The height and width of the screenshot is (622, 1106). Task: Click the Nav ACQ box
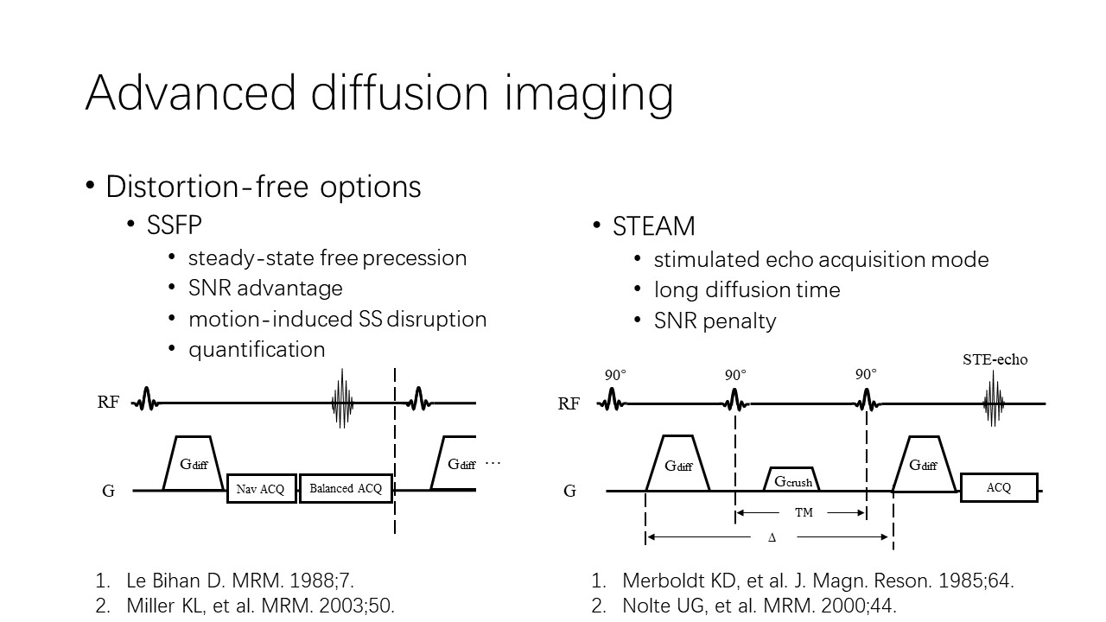262,489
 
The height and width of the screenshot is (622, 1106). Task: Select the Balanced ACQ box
346,488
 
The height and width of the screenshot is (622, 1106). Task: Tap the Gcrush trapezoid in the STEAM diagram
792,480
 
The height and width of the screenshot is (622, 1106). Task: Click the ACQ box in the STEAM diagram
998,487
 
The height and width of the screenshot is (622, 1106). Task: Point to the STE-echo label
995,359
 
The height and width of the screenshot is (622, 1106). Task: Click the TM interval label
804,512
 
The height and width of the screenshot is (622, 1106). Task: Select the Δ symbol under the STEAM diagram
772,537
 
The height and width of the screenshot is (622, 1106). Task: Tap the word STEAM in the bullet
653,226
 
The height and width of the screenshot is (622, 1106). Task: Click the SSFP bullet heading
174,225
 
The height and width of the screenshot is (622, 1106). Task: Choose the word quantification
257,349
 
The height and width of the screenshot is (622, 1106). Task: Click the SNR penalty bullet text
715,321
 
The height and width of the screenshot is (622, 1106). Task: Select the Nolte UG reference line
759,606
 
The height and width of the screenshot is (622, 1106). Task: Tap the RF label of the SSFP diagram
108,403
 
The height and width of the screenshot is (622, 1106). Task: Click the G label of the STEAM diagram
569,491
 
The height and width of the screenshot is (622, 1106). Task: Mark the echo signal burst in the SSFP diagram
343,399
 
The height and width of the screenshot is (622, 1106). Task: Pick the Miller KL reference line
260,606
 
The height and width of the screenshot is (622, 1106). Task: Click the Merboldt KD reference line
817,581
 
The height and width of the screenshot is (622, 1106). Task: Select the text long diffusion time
747,289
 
